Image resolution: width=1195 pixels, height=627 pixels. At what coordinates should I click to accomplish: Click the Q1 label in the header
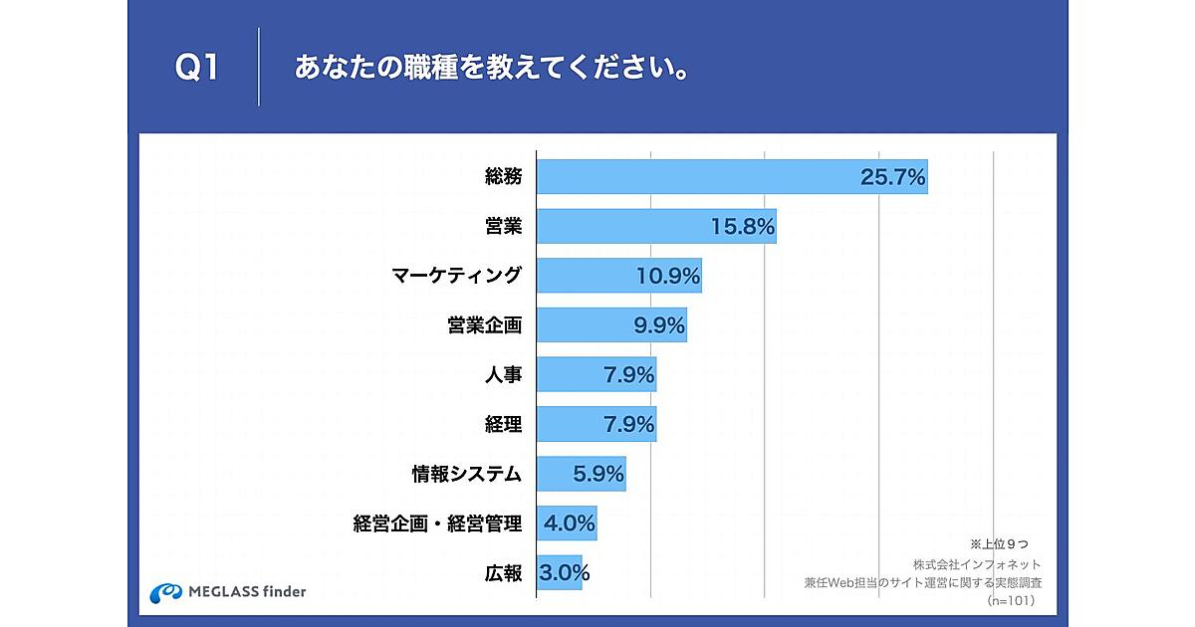tap(196, 69)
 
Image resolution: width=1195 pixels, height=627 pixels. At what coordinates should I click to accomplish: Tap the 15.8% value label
tap(743, 227)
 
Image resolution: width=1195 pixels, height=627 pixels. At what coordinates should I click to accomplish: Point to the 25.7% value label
tap(893, 178)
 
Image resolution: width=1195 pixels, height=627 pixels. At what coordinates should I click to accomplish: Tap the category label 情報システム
tap(467, 474)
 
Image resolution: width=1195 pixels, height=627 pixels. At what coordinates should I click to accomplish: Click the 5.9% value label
tap(598, 474)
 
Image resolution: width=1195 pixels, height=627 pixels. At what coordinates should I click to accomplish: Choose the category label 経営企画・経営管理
tap(437, 523)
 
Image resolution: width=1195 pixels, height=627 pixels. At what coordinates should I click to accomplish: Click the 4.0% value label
tap(569, 522)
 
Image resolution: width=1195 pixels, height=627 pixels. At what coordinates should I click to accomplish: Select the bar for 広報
tap(558, 572)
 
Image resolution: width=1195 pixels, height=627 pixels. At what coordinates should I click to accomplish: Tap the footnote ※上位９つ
tap(998, 544)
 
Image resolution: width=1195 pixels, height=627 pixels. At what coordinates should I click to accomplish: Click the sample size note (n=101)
tap(1011, 601)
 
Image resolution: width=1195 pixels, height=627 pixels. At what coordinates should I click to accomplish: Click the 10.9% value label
tap(668, 277)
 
